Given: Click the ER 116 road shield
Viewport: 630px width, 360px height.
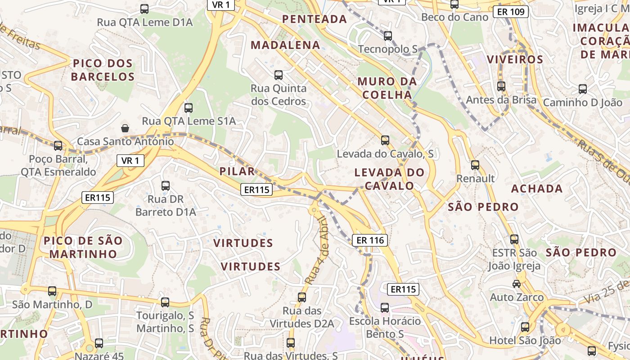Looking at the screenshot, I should click(370, 240).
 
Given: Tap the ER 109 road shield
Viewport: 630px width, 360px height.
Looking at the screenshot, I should click(510, 12).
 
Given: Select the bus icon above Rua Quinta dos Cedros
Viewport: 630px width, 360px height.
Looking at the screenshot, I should click(279, 75).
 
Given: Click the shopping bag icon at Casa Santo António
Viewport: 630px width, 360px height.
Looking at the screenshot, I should click(125, 128).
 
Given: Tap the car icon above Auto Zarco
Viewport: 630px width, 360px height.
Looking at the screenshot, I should click(517, 283).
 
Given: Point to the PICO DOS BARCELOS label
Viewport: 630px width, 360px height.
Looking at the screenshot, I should click(103, 70).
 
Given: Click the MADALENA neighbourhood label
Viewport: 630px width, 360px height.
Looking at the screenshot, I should click(285, 45).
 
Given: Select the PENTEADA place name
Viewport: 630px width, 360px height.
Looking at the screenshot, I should click(315, 19).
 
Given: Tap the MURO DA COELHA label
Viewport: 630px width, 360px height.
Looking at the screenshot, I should click(387, 88).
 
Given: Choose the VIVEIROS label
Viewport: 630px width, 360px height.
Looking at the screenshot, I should click(515, 59).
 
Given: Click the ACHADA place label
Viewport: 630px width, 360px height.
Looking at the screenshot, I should click(537, 189).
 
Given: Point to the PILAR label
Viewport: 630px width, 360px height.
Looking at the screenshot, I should click(237, 171).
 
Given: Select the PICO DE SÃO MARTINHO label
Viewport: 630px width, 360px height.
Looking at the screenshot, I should click(83, 247).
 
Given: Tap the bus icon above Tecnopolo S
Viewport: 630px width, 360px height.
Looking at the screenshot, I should click(388, 36).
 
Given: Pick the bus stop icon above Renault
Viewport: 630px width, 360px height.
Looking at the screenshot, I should click(475, 165).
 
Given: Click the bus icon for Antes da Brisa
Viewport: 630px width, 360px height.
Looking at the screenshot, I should click(501, 86).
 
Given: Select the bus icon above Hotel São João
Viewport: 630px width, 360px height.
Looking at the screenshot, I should click(525, 327).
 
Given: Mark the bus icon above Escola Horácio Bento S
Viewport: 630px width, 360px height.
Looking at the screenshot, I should click(385, 308).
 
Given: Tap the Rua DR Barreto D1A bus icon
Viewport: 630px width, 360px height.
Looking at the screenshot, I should click(166, 185).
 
